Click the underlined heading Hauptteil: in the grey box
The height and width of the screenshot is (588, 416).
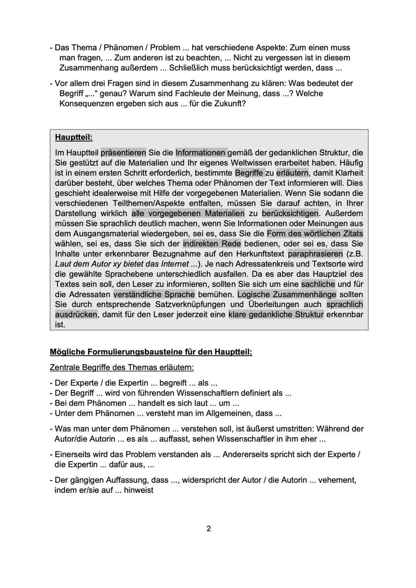coord(74,137)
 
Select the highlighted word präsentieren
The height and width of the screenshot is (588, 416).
coord(123,153)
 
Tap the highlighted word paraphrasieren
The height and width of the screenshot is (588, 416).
coord(315,254)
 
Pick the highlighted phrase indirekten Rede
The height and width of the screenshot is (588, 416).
coord(212,244)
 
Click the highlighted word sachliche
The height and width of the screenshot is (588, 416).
coord(318,284)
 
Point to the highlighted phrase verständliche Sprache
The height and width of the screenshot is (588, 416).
coord(154,295)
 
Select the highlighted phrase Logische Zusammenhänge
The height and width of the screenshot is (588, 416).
coord(287,295)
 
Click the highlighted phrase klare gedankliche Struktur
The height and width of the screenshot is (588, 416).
coord(276,315)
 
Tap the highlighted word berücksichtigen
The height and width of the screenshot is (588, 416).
coord(290,213)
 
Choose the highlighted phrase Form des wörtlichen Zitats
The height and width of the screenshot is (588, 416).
coord(315,234)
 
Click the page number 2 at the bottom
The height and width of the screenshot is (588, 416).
coord(209,529)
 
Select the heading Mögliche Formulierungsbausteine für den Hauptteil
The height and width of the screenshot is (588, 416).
coord(151,352)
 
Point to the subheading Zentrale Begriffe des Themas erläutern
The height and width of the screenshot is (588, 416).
coord(122,367)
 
